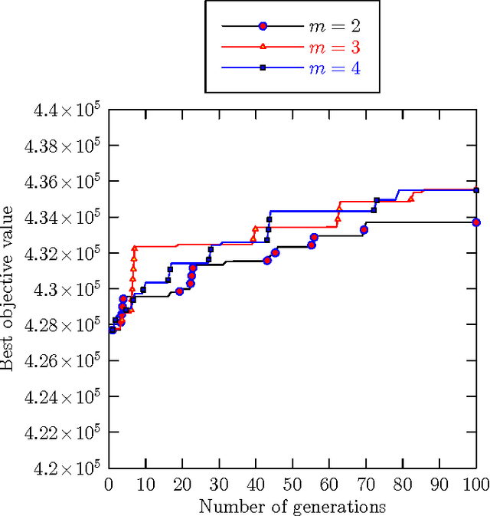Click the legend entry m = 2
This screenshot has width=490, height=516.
[x=334, y=26]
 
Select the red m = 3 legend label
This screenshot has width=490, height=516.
[x=334, y=48]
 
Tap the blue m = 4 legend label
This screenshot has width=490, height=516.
[x=334, y=69]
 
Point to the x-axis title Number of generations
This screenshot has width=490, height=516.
[x=292, y=507]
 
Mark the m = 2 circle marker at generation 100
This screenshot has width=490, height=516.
[x=476, y=222]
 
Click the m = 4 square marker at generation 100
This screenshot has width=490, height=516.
[x=476, y=190]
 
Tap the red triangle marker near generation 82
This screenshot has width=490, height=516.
[x=411, y=199]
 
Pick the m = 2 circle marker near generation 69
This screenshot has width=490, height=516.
[x=364, y=230]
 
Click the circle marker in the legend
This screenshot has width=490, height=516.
[x=263, y=26]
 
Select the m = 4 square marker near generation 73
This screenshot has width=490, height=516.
[x=377, y=201]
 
